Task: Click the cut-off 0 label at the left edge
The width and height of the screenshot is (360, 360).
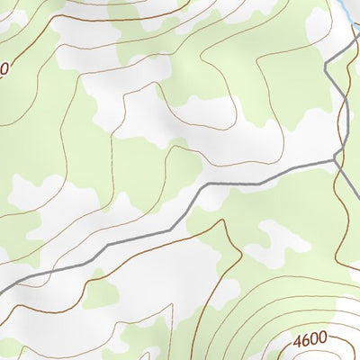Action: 4,67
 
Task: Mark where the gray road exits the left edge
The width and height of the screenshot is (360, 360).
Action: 3,287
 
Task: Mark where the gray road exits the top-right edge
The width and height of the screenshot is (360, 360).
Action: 357,42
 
